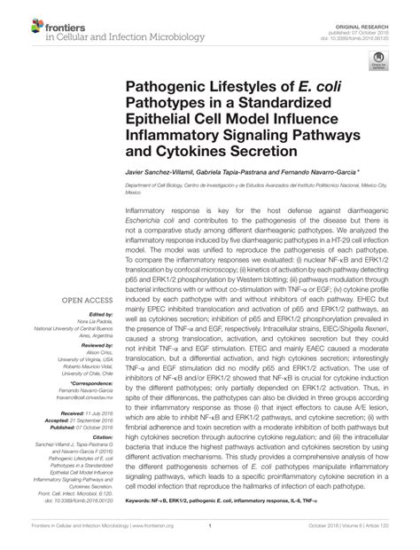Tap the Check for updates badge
[377, 61]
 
